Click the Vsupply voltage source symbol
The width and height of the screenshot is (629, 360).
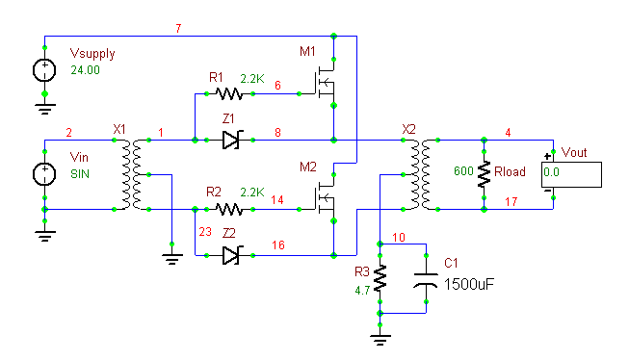44,70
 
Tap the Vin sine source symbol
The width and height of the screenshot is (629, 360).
44,174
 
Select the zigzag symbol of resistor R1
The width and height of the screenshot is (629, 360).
229,93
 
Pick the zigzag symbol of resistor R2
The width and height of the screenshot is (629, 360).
229,209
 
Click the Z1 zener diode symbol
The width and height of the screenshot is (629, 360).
230,140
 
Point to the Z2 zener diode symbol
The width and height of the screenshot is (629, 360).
230,255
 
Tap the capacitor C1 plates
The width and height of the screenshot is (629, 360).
426,279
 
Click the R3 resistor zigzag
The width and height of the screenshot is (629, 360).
380,278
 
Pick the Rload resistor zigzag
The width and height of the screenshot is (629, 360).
485,174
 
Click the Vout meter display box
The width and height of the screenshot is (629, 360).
571,174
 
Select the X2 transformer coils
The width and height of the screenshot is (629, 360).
420,174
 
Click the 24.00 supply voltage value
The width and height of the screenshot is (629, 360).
85,70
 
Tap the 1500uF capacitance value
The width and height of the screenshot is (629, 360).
468,284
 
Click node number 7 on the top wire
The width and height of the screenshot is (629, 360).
178,29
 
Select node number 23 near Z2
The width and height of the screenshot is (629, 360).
205,232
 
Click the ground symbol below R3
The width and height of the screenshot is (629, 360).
380,340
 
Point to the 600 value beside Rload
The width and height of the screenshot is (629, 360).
463,171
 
